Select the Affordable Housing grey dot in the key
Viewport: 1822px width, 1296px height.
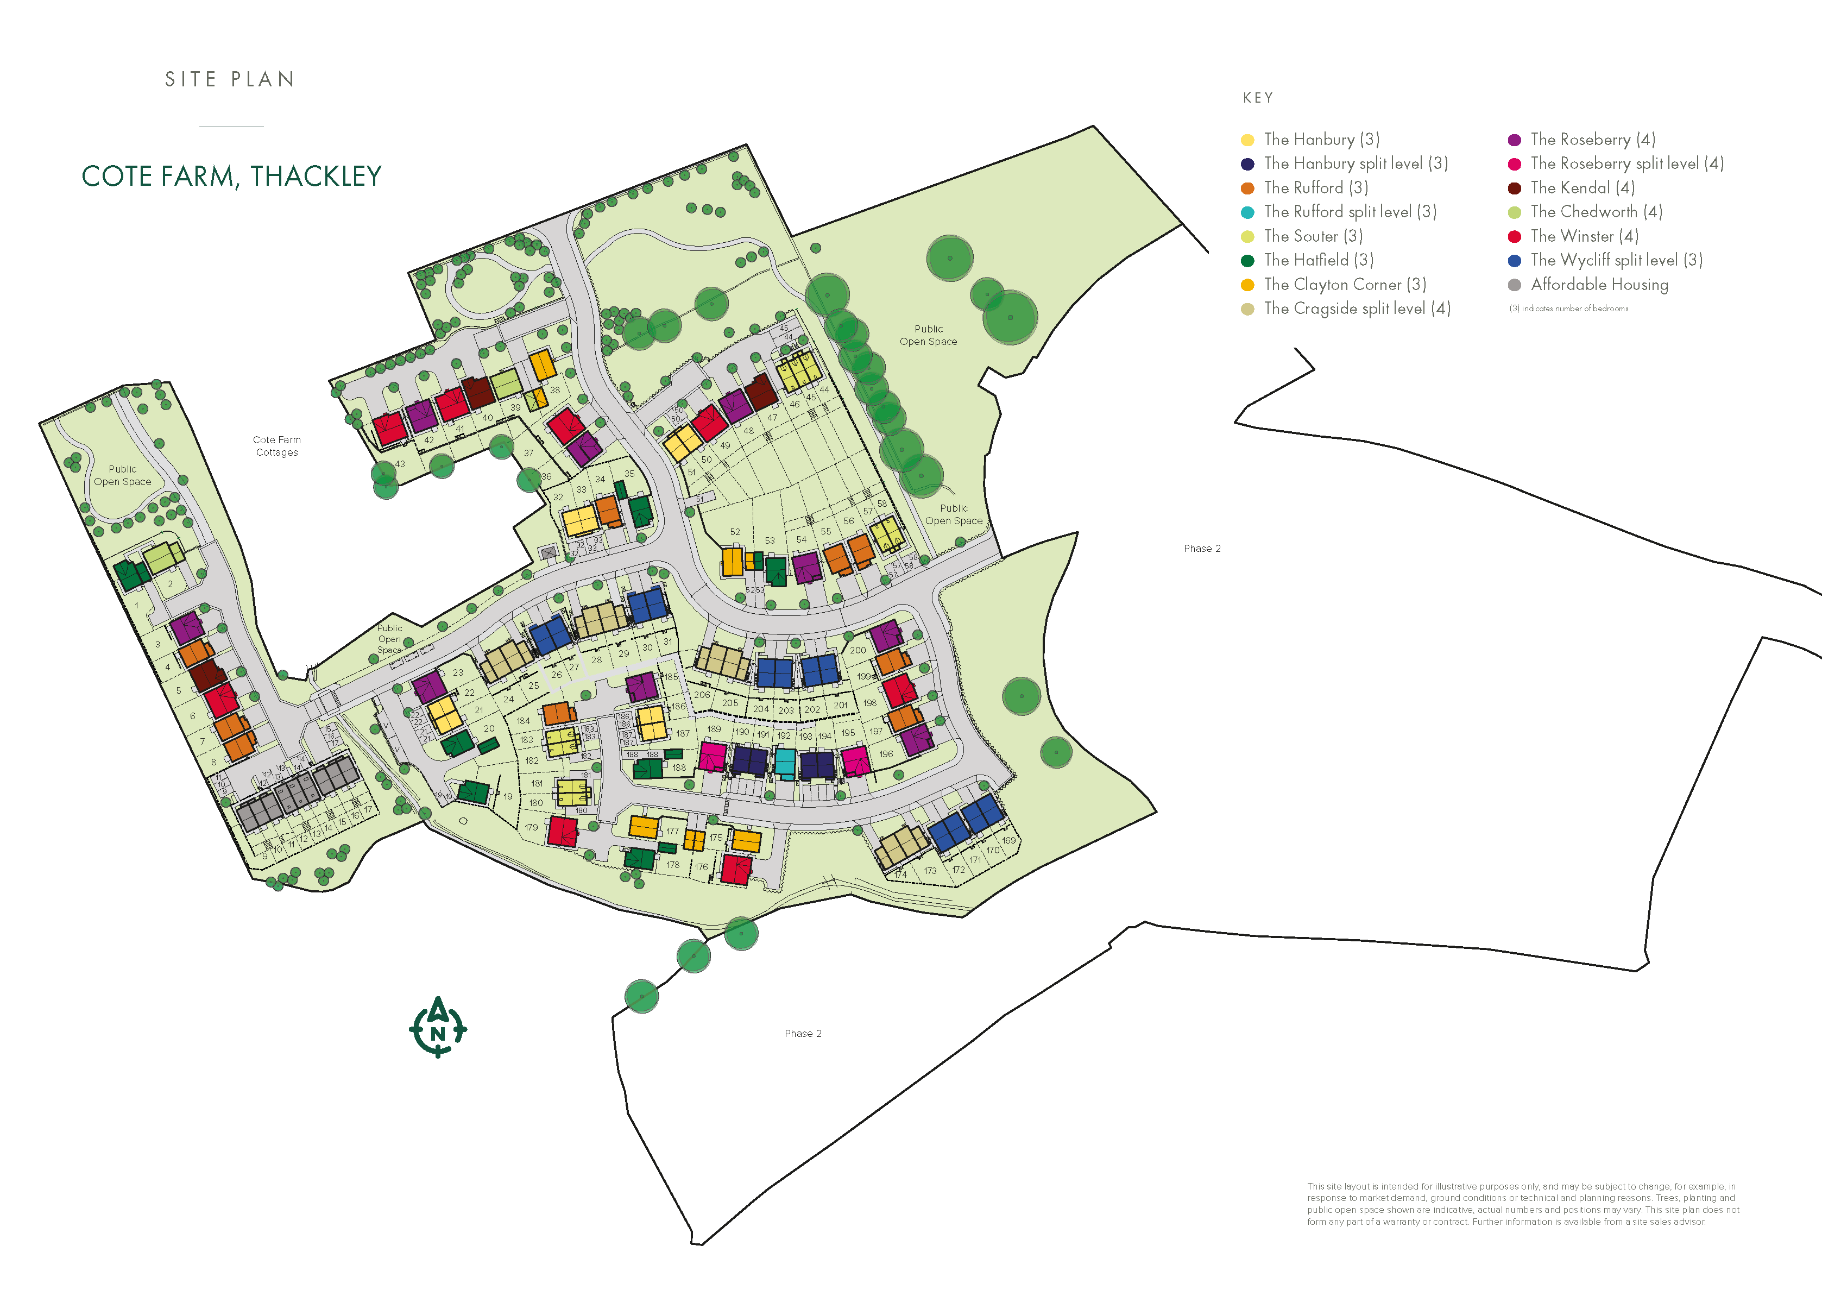[1514, 285]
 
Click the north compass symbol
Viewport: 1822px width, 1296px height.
[438, 1028]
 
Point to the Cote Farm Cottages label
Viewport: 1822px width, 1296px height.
[277, 446]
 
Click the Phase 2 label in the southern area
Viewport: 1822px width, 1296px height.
[803, 1034]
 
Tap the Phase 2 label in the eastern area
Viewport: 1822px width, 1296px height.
[1201, 548]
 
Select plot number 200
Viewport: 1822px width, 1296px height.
[858, 650]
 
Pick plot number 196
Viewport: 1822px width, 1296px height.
[886, 754]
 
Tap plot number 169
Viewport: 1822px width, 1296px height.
[1009, 840]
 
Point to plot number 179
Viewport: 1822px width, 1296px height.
[531, 828]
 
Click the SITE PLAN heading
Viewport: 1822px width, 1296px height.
[230, 80]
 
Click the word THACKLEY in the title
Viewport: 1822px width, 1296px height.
[316, 177]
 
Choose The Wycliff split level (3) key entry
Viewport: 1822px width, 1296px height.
[1616, 260]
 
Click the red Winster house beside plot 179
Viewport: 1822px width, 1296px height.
[563, 832]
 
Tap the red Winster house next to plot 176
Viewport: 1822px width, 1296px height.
[735, 869]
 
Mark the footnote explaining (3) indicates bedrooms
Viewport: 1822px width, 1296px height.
[1568, 309]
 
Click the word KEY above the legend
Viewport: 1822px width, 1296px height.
[1258, 98]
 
